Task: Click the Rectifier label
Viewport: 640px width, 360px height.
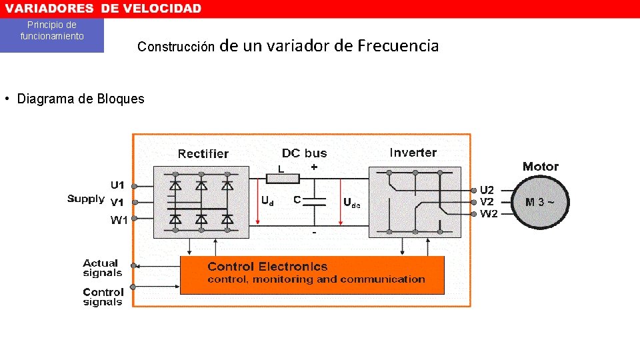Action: coord(203,154)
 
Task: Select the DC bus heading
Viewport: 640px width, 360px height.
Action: coord(305,153)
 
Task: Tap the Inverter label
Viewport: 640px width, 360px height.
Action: coord(413,153)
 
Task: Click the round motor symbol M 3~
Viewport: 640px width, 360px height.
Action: coord(540,202)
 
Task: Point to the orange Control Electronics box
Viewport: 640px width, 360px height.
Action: coord(312,275)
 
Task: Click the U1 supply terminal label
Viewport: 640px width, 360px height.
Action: coord(117,185)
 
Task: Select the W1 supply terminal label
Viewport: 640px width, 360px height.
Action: coord(118,221)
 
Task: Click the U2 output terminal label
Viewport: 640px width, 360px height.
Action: coord(487,190)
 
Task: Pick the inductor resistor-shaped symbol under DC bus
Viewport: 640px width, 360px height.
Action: coord(283,179)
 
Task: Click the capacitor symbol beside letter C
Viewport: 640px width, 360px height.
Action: coord(315,202)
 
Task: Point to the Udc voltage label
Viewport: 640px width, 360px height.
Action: coord(351,202)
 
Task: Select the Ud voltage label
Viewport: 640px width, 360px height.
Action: coord(267,200)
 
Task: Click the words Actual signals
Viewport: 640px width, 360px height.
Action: coord(102,268)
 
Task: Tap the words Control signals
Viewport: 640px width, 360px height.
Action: coord(103,297)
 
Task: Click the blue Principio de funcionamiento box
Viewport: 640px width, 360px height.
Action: coord(52,35)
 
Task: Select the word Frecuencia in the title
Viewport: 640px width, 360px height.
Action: coord(397,46)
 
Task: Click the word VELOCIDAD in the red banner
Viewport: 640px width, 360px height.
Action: coord(160,9)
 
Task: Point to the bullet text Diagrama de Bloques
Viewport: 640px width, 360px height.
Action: coord(80,99)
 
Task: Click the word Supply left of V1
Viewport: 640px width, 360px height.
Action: coord(86,199)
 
